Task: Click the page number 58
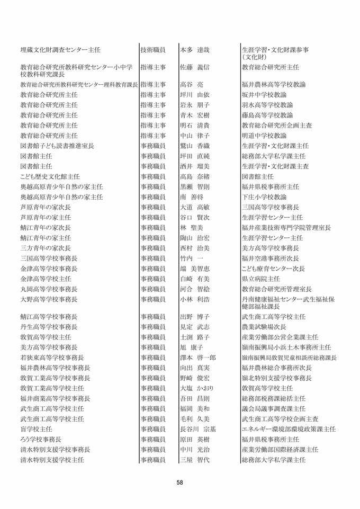click(x=180, y=483)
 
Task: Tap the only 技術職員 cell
click(x=153, y=50)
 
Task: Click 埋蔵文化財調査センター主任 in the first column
click(x=60, y=50)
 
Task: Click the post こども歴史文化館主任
click(x=50, y=176)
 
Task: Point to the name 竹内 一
click(x=191, y=258)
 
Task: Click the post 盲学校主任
click(x=36, y=428)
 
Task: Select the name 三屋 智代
click(x=195, y=460)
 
